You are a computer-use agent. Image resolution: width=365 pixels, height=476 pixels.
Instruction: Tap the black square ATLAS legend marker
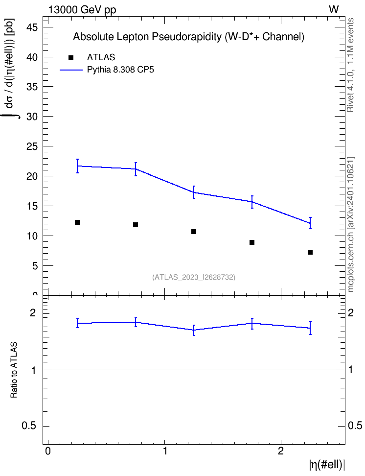(71, 58)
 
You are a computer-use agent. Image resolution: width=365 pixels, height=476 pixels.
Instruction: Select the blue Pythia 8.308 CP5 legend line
(71, 70)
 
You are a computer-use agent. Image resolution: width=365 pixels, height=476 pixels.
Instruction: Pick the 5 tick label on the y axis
(34, 266)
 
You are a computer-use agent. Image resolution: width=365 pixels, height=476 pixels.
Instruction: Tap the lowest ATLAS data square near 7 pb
(310, 252)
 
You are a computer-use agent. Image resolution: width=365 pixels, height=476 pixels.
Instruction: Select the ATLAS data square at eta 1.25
(194, 232)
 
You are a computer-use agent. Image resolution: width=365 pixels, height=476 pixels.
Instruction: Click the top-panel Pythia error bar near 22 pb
(77, 166)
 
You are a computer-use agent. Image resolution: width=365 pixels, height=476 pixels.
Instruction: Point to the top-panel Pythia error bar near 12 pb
(310, 223)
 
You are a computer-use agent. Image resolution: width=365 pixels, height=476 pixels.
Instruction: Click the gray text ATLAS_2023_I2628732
(194, 277)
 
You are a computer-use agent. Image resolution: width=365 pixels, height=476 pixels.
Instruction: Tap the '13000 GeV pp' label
(82, 10)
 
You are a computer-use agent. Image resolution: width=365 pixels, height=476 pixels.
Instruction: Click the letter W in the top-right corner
(334, 10)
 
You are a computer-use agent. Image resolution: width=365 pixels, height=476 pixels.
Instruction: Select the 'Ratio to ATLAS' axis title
(14, 370)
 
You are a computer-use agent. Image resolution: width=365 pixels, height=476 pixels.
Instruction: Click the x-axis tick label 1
(165, 451)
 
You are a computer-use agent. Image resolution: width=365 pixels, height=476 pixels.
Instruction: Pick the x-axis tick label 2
(281, 451)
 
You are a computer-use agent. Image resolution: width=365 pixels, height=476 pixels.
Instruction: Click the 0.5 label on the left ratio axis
(29, 426)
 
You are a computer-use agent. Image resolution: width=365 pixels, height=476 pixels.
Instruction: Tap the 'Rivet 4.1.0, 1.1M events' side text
(350, 65)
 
